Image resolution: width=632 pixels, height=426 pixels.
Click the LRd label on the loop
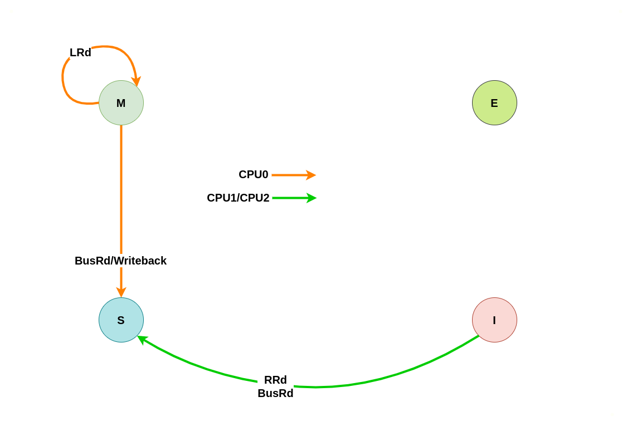pyautogui.click(x=80, y=52)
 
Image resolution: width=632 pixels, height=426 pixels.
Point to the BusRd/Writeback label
pyautogui.click(x=120, y=261)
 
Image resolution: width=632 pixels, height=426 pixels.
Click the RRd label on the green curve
pyautogui.click(x=275, y=380)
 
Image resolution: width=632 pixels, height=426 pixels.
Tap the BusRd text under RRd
pyautogui.click(x=275, y=393)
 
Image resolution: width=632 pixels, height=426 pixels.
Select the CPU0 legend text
pyautogui.click(x=253, y=174)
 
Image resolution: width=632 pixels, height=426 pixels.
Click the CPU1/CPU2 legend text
pyautogui.click(x=238, y=198)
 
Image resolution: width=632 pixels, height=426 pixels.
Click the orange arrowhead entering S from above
pyautogui.click(x=121, y=292)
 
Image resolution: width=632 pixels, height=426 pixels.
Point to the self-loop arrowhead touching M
pyautogui.click(x=137, y=81)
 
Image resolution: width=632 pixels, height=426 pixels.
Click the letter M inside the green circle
pyautogui.click(x=121, y=104)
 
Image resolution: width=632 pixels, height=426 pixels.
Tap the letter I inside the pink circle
pyautogui.click(x=494, y=321)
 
